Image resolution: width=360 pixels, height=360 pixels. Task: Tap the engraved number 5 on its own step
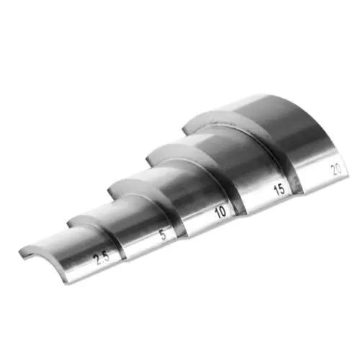(x=163, y=234)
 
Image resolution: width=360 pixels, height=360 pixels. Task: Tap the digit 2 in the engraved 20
(x=333, y=171)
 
